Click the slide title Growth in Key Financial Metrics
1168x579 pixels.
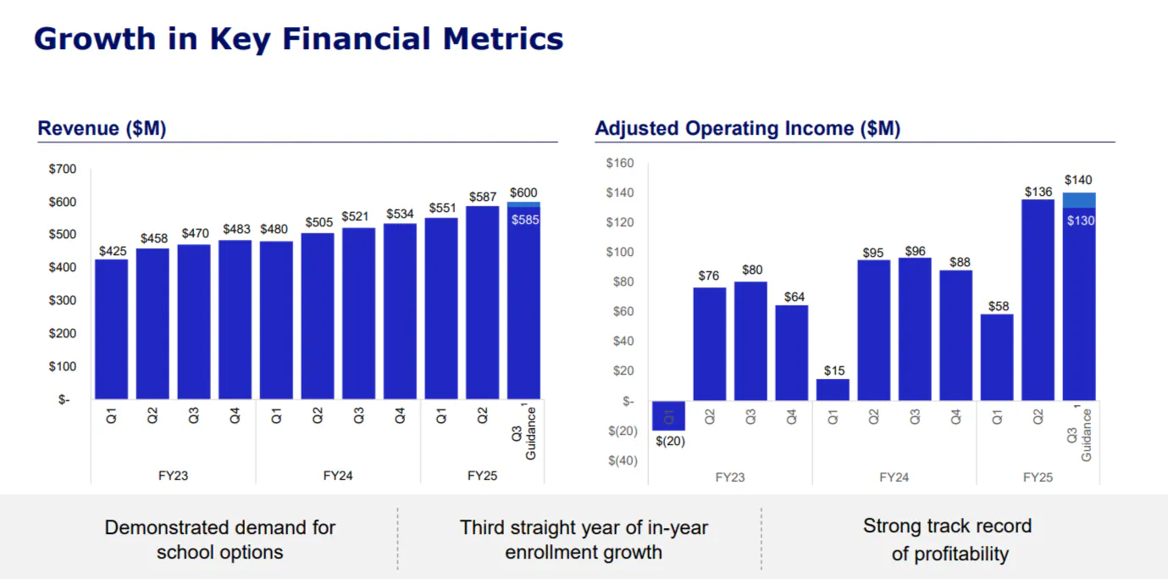pos(298,39)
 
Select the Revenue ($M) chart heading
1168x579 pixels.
pos(102,129)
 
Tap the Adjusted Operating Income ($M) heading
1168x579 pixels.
pos(747,129)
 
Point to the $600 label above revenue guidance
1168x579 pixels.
pos(523,192)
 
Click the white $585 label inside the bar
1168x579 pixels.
pos(524,220)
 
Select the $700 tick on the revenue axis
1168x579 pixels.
pos(63,169)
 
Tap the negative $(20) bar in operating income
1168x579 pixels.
pos(668,415)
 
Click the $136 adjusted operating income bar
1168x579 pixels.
pos(1038,300)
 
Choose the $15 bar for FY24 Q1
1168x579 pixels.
pos(833,390)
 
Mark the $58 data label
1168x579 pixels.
pos(998,306)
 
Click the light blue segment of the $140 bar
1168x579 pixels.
pos(1079,200)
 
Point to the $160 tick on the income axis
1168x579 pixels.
pos(621,164)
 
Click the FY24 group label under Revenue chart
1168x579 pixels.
pos(338,476)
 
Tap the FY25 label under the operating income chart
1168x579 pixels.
pos(1038,477)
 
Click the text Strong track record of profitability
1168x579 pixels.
pos(948,540)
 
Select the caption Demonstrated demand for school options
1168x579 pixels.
pos(220,540)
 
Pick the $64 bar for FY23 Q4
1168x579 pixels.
pos(792,353)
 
